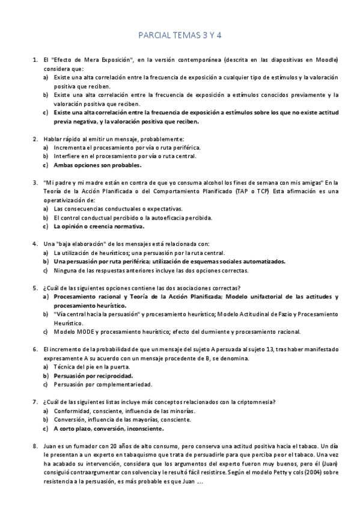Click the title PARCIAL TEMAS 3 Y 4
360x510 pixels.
180,35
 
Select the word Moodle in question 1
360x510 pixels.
329,61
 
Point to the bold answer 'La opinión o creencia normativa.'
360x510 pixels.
99,227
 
